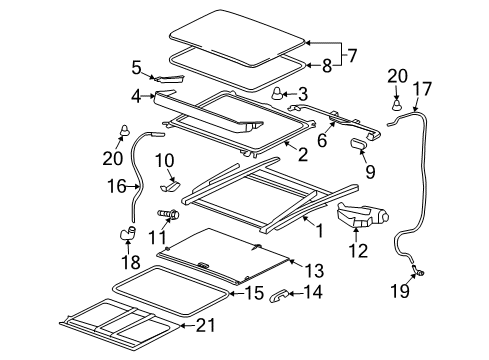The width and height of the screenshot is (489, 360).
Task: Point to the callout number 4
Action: [136, 97]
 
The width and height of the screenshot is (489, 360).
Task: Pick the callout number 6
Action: [321, 141]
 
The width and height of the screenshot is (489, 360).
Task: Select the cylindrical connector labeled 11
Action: [170, 214]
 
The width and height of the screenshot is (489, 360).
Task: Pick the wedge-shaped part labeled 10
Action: [169, 186]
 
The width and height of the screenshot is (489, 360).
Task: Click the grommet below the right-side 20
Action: [396, 102]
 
